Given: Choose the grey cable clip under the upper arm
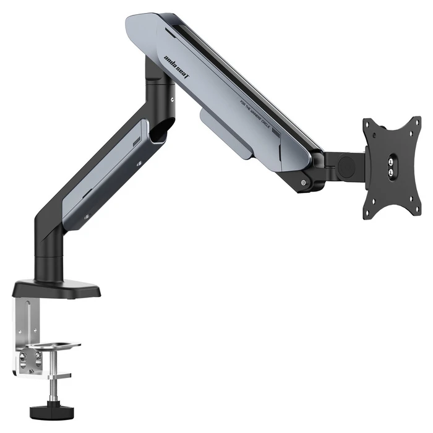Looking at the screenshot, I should [x=226, y=134].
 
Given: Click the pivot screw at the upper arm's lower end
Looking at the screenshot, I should [x=302, y=182].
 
